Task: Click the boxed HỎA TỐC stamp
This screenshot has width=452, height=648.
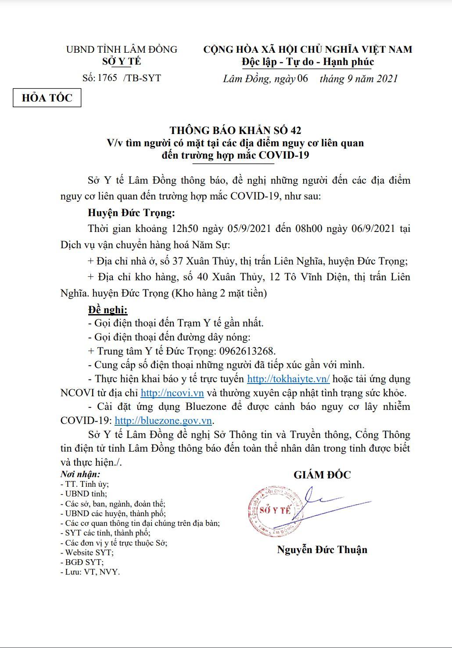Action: pyautogui.click(x=47, y=98)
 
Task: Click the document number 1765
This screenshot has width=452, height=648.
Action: pyautogui.click(x=107, y=78)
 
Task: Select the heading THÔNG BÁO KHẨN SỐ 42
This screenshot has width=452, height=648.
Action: pyautogui.click(x=236, y=130)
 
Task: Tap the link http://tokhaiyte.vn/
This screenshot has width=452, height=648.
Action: pyautogui.click(x=288, y=379)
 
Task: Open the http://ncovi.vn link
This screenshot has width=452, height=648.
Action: pyautogui.click(x=172, y=393)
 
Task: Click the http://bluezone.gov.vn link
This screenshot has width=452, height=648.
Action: pyautogui.click(x=163, y=420)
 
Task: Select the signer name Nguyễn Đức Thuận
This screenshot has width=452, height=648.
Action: pyautogui.click(x=322, y=550)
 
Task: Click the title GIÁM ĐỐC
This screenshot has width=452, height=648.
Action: pyautogui.click(x=322, y=475)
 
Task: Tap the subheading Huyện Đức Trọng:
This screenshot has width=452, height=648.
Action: pyautogui.click(x=131, y=213)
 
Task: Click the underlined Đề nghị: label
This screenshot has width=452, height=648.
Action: pyautogui.click(x=108, y=310)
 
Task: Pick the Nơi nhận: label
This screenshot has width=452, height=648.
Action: pyautogui.click(x=80, y=474)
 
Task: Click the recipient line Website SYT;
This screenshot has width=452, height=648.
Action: pyautogui.click(x=87, y=552)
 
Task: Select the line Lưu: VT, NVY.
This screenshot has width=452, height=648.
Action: pyautogui.click(x=90, y=572)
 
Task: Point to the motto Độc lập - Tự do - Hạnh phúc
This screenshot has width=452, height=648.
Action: pyautogui.click(x=308, y=62)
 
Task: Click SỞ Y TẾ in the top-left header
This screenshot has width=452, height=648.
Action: pyautogui.click(x=122, y=62)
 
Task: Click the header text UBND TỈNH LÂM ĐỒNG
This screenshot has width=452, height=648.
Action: pyautogui.click(x=122, y=49)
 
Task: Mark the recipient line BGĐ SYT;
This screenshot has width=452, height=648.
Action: pyautogui.click(x=82, y=562)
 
